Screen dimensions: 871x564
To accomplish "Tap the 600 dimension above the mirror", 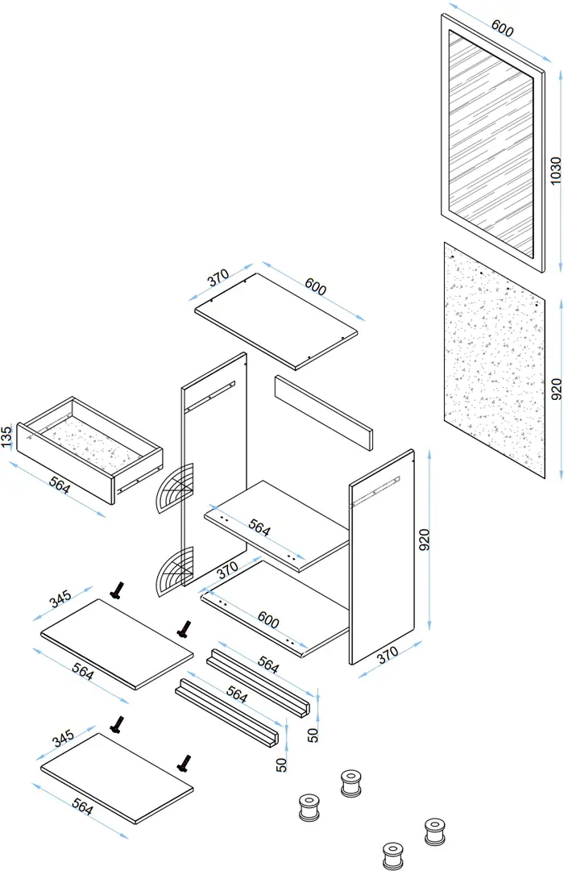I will pos(501,29).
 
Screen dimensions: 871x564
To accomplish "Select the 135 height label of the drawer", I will pos(6,436).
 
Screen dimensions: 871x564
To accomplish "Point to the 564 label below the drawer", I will pos(59,487).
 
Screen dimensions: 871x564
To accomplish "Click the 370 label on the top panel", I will pos(218,278).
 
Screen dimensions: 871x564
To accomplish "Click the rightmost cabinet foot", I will pos(435,831).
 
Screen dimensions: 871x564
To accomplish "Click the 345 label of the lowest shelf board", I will pos(62,737).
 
